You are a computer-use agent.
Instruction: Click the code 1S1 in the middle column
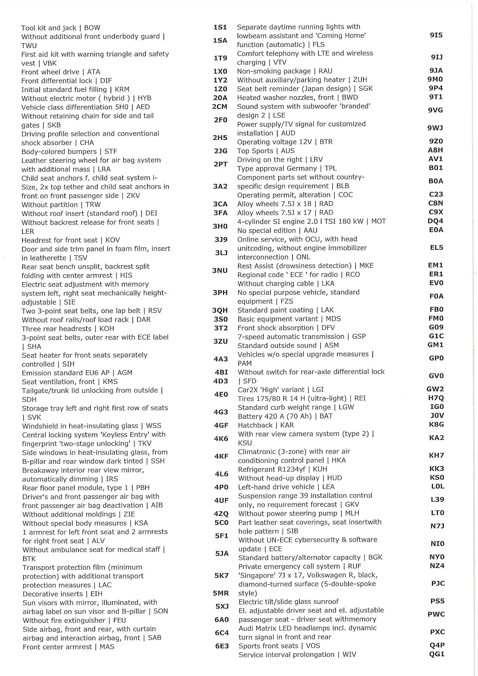pos(220,27)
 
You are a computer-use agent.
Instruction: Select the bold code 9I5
pos(436,35)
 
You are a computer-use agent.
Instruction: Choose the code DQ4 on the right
pos(435,221)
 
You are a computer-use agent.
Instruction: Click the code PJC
pos(438,584)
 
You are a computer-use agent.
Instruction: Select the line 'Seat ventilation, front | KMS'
pos(70,382)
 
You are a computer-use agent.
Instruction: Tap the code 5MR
pos(221,593)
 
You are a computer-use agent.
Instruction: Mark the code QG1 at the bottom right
pos(437,654)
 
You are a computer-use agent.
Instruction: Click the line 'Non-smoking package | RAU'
pos(285,71)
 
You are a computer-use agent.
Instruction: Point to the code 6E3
pos(222,646)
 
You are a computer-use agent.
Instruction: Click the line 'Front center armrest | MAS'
pos(68,647)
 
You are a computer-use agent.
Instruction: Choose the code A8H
pos(435,150)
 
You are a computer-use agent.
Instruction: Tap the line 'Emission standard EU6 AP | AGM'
pos(77,373)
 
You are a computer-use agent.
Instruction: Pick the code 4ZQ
pos(221,514)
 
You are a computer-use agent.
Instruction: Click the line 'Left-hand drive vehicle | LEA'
pos(286,487)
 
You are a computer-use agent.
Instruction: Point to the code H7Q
pos(436,398)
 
